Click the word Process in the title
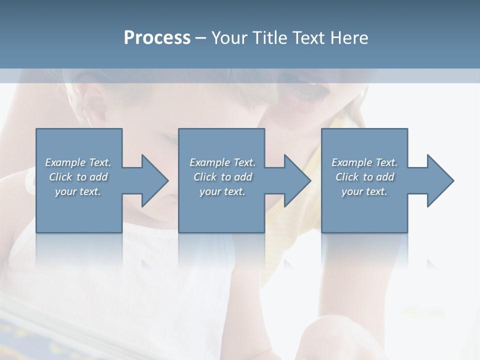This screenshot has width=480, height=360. (157, 38)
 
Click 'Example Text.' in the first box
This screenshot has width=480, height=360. (78, 162)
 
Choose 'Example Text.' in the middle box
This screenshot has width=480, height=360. (222, 162)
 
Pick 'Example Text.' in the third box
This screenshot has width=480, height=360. (364, 162)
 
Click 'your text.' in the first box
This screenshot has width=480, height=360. (78, 191)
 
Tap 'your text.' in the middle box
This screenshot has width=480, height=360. (222, 191)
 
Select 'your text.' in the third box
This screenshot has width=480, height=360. (364, 191)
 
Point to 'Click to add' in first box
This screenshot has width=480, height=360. (78, 177)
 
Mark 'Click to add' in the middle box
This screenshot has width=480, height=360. (222, 177)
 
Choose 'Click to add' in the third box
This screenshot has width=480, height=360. (364, 177)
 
